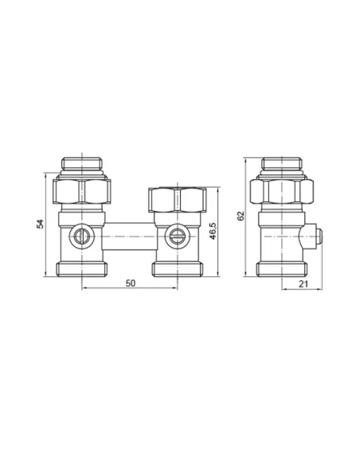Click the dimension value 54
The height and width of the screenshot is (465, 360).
pyautogui.click(x=40, y=224)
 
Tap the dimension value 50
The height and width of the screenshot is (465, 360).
pyautogui.click(x=130, y=283)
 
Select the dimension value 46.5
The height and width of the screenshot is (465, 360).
pyautogui.click(x=213, y=231)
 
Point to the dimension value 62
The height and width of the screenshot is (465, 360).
pyautogui.click(x=241, y=216)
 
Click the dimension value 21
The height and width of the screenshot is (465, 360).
pyautogui.click(x=303, y=284)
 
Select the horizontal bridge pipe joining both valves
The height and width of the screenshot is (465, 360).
pyautogui.click(x=129, y=236)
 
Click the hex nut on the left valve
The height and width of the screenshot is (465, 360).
pyautogui.click(x=82, y=192)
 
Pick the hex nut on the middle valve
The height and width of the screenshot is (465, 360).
pyautogui.click(x=178, y=200)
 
